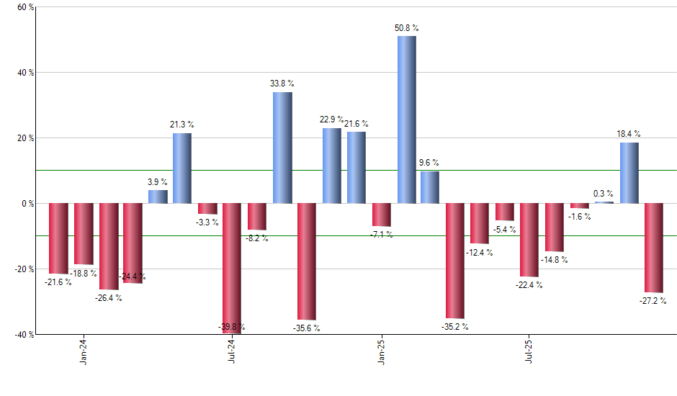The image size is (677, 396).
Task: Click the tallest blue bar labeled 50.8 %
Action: pos(406,120)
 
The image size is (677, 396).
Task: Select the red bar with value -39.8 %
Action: pos(232,268)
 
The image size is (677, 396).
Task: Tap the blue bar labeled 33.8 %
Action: pos(282,148)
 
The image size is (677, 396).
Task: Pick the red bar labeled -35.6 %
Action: pos(307,261)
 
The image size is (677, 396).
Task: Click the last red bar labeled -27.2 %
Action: pos(654,248)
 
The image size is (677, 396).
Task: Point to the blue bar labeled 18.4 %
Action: pos(629,173)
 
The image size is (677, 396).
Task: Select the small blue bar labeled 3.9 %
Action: pos(158,197)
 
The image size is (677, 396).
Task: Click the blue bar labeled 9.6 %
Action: pos(430,187)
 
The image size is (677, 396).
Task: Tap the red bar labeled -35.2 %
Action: pos(455,261)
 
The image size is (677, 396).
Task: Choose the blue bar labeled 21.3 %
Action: pos(182,168)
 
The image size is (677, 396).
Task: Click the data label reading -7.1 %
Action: pos(381,235)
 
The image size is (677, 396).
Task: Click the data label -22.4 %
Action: pos(529,285)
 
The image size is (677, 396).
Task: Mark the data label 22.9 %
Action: pos(331,120)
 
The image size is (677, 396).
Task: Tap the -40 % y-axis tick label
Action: pos(23,334)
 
